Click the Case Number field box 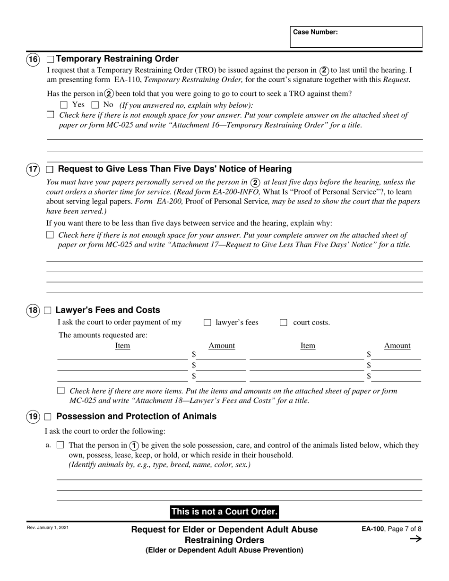pos(356,37)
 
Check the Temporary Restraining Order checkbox pos(50,60)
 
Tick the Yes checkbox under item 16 pos(64,105)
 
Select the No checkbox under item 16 pos(95,105)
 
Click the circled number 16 pos(33,60)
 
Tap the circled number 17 pos(33,169)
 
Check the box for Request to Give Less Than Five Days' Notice pos(50,170)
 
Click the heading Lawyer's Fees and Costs pos(108,310)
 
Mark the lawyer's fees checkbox pos(207,323)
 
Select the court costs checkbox pos(284,323)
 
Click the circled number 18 pos(33,310)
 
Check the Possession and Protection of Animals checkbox pos(48,417)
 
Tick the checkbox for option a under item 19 pos(60,445)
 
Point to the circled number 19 pos(33,417)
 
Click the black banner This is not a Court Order pos(224,512)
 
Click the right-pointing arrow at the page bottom pos(415,539)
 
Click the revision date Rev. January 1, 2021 pos(48,528)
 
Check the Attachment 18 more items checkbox pos(60,391)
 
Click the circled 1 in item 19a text pos(134,445)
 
